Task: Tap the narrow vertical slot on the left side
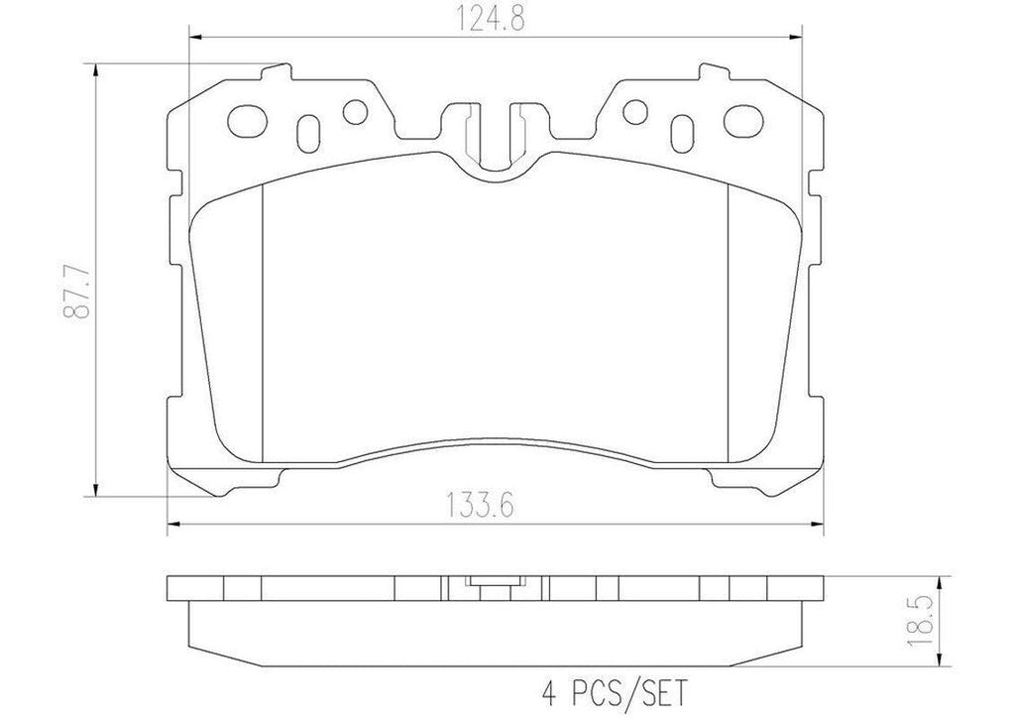(x=308, y=129)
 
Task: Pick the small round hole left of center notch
(x=355, y=114)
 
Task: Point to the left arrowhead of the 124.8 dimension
(x=195, y=38)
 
